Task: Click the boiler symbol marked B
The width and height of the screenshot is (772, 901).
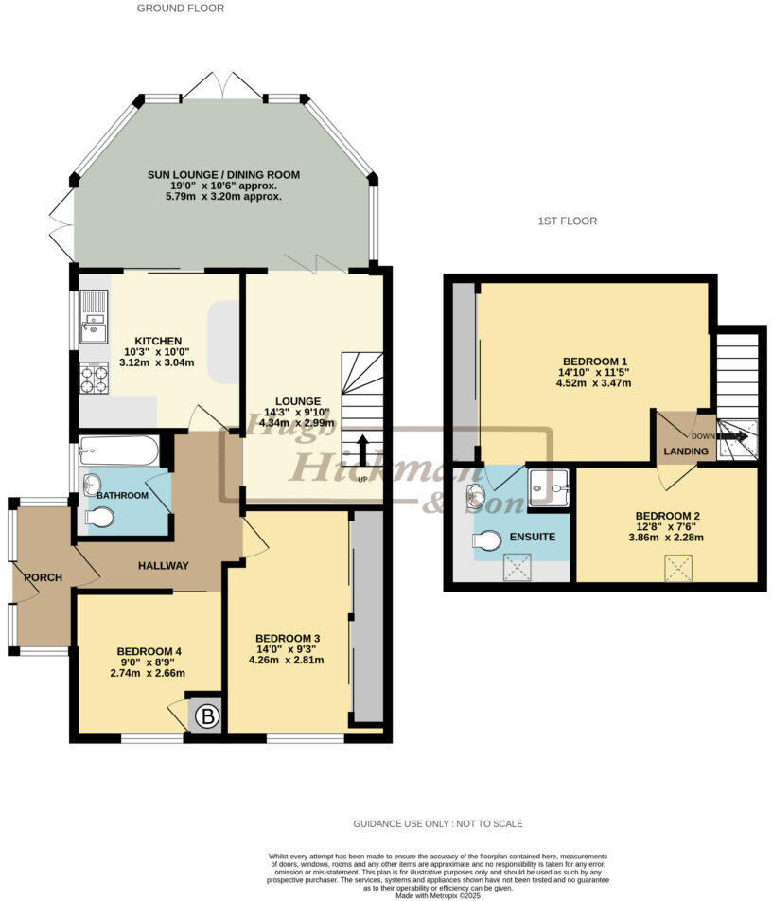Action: click(205, 716)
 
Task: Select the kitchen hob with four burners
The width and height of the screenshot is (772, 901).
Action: click(94, 379)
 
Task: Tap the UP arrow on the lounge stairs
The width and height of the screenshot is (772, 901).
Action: click(361, 450)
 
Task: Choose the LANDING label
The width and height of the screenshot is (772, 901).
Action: click(686, 451)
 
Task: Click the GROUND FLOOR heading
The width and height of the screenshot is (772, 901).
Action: click(181, 9)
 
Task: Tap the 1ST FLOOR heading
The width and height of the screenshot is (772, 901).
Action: click(568, 221)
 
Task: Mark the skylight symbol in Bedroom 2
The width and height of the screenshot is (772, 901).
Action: click(678, 568)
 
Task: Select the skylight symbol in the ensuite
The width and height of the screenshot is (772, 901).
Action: click(518, 568)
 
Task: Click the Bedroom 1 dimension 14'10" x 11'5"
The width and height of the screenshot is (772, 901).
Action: click(596, 372)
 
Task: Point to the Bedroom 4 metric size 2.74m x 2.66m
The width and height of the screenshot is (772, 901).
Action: click(149, 673)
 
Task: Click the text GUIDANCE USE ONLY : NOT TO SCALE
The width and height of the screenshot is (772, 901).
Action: click(438, 823)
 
